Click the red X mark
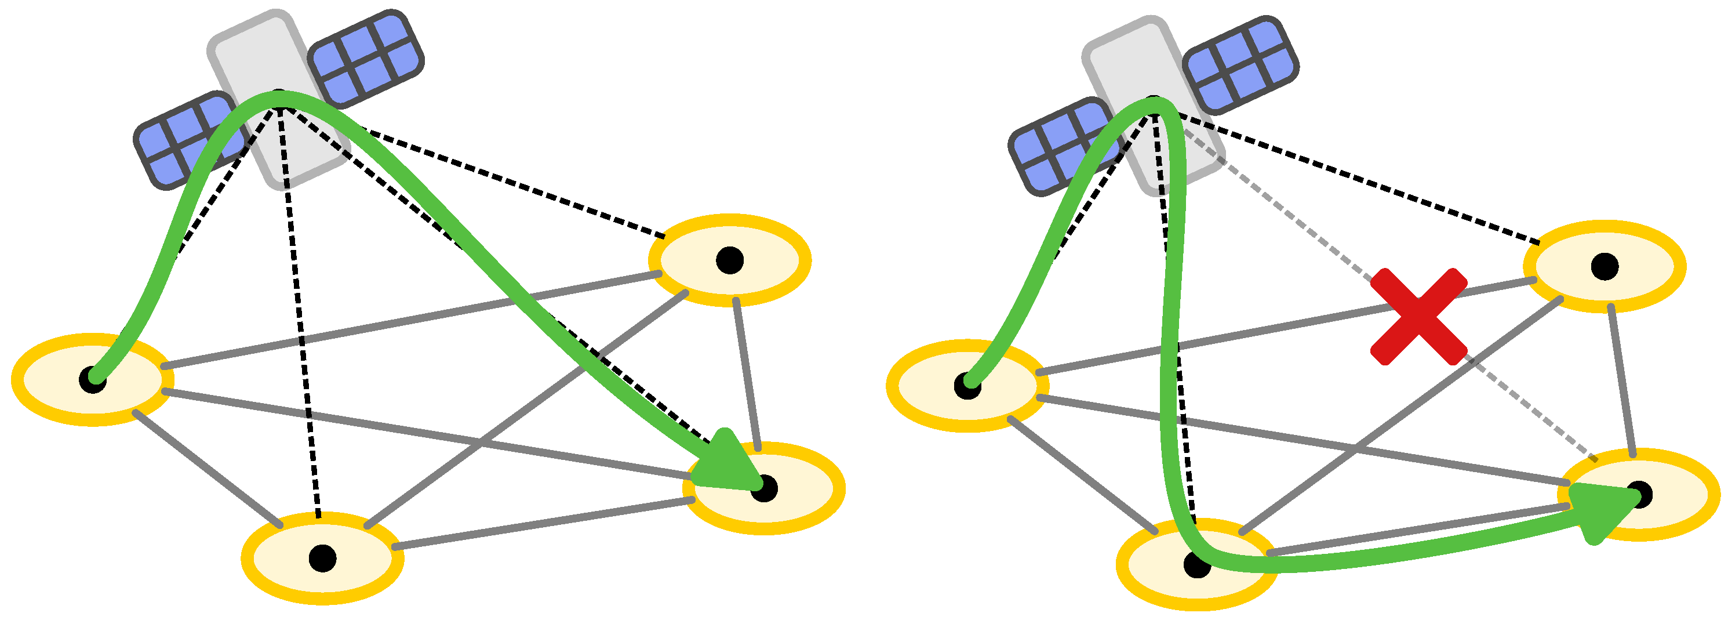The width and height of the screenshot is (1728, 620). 1418,317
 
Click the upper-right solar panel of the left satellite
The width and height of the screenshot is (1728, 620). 366,59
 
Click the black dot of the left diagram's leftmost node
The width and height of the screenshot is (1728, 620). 93,380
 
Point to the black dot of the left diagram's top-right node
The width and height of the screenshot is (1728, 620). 730,260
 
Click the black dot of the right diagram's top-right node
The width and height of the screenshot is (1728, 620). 1605,266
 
